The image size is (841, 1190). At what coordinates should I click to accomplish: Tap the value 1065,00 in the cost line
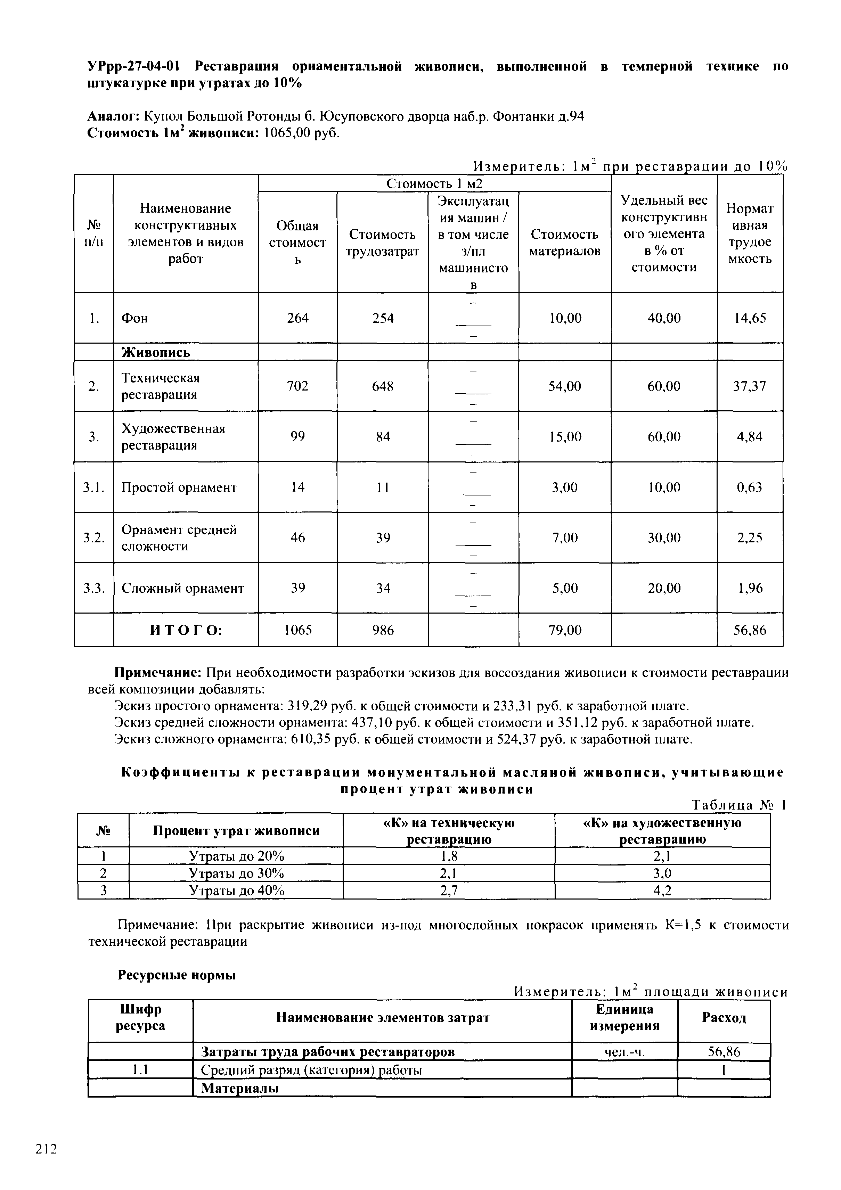(287, 133)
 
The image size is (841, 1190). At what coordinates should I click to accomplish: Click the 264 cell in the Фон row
(297, 318)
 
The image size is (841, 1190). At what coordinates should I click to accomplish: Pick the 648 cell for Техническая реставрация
(383, 386)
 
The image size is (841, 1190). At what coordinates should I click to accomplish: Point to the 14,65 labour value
(750, 318)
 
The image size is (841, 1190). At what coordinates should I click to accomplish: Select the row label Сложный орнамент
(182, 588)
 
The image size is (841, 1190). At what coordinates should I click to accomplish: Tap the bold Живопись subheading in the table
(156, 352)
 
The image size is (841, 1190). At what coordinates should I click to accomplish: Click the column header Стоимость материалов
(565, 243)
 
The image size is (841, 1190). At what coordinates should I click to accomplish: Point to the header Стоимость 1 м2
(434, 183)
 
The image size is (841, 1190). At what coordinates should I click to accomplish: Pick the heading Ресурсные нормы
(177, 975)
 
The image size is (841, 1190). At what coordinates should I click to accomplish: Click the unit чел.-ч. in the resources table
(624, 1052)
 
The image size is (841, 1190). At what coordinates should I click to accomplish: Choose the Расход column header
(724, 1017)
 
